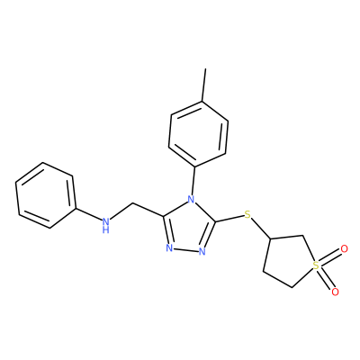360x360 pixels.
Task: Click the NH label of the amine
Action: pyautogui.click(x=105, y=225)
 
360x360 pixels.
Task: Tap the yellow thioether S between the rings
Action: pyautogui.click(x=247, y=214)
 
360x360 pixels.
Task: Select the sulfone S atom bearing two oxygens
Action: pyautogui.click(x=315, y=265)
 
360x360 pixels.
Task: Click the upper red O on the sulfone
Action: pyautogui.click(x=344, y=249)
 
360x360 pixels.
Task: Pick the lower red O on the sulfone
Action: pyautogui.click(x=335, y=292)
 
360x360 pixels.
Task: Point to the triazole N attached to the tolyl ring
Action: pyautogui.click(x=191, y=199)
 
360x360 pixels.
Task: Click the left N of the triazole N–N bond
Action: pyautogui.click(x=169, y=248)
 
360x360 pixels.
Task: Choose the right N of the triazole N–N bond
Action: pyautogui.click(x=202, y=251)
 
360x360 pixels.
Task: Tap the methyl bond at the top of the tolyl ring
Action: pyautogui.click(x=204, y=85)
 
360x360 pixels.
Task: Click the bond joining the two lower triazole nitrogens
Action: pyautogui.click(x=186, y=250)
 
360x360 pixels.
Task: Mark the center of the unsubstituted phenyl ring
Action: pyautogui.click(x=45, y=195)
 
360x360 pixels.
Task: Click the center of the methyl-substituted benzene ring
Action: pyautogui.click(x=198, y=134)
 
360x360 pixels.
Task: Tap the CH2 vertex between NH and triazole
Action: pyautogui.click(x=132, y=203)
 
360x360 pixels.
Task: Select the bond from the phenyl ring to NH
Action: pyautogui.click(x=87, y=213)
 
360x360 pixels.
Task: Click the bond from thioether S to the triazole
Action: pyautogui.click(x=229, y=219)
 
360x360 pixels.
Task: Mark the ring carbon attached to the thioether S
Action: pyautogui.click(x=271, y=238)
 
